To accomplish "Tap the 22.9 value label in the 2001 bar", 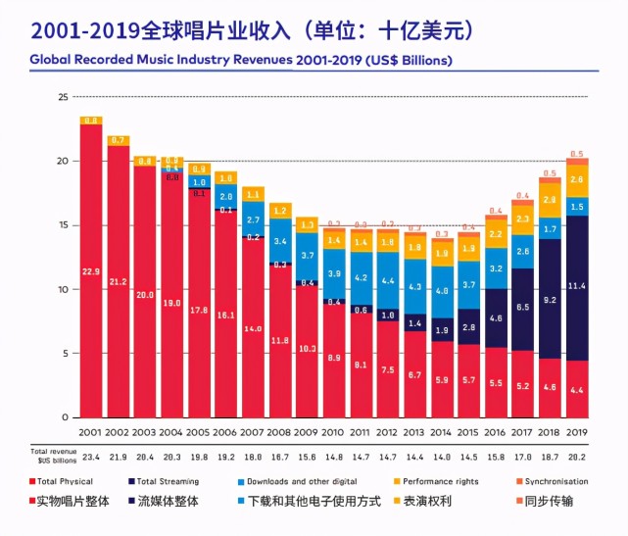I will coord(91,271).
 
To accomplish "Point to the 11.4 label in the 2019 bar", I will coord(577,286).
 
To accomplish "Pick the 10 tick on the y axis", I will coord(63,290).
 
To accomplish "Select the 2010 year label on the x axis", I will coord(334,431).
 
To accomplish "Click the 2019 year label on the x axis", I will coord(577,431).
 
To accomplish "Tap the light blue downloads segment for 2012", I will coord(388,280).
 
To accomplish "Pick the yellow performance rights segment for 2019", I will coord(577,180).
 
